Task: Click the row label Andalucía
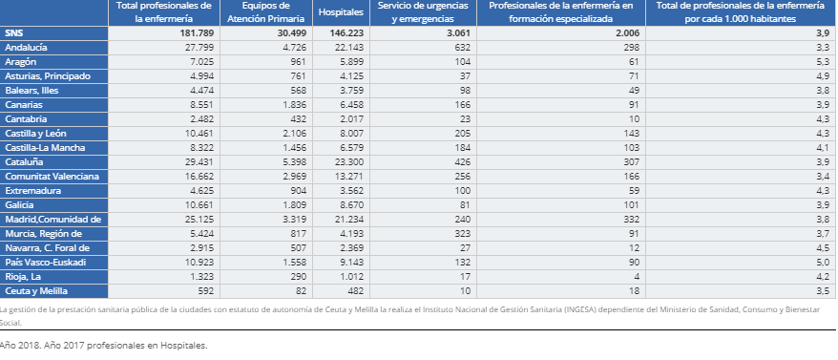pyautogui.click(x=27, y=47)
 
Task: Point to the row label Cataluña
pyautogui.click(x=26, y=161)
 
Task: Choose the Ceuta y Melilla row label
pyautogui.click(x=37, y=290)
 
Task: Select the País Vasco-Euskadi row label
pyautogui.click(x=46, y=262)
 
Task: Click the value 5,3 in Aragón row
pyautogui.click(x=821, y=61)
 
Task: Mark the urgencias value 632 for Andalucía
pyautogui.click(x=463, y=47)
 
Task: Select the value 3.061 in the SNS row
pyautogui.click(x=457, y=32)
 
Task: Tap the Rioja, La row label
pyautogui.click(x=23, y=276)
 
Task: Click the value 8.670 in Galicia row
pyautogui.click(x=350, y=204)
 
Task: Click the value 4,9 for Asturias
pyautogui.click(x=821, y=75)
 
